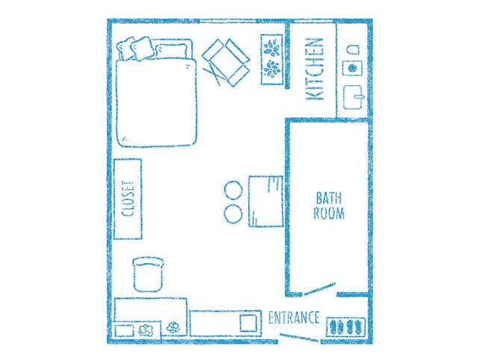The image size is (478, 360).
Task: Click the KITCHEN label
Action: click(314, 69)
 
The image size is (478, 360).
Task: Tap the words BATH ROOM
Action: click(329, 205)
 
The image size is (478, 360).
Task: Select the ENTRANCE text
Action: click(294, 318)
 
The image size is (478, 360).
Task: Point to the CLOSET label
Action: click(128, 199)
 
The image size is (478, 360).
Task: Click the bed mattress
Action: click(156, 103)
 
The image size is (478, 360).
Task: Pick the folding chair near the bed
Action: click(226, 62)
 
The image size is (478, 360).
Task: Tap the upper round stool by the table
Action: click(233, 190)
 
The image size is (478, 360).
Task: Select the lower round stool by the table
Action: click(233, 214)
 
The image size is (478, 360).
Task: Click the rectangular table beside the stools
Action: click(266, 201)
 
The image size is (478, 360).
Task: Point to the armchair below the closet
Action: click(148, 274)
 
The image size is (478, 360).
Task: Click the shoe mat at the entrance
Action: click(346, 327)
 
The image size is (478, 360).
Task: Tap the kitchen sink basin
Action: click(353, 97)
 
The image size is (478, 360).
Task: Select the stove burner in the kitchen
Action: click(353, 68)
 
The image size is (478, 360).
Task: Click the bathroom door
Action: click(320, 289)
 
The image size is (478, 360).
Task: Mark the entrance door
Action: click(299, 338)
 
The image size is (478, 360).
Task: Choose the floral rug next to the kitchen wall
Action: click(272, 59)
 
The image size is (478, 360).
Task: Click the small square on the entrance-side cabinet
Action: click(248, 323)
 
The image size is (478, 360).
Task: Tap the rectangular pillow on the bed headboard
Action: click(171, 52)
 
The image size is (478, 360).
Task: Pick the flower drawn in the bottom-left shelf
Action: click(146, 330)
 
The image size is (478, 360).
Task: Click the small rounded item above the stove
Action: click(353, 49)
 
